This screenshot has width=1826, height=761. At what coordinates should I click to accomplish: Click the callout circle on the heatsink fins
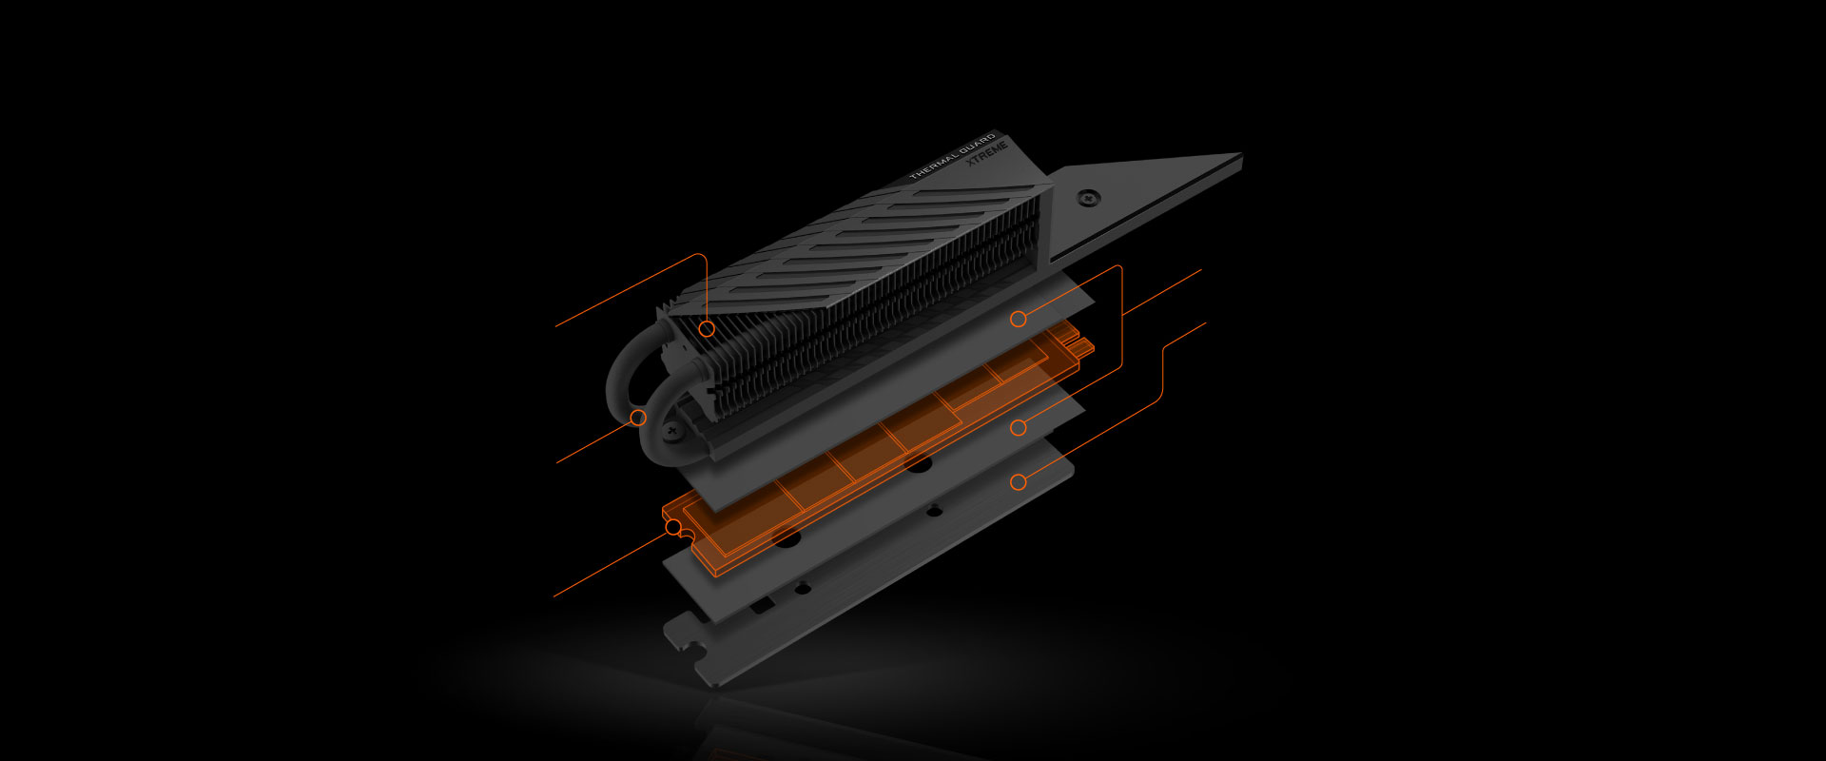707,329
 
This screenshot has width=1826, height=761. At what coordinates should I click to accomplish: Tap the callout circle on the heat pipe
639,418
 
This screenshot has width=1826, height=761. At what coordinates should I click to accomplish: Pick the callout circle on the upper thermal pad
1019,320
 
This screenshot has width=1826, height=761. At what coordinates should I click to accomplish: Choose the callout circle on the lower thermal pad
1019,428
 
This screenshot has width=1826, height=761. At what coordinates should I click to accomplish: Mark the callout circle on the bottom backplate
1019,482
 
